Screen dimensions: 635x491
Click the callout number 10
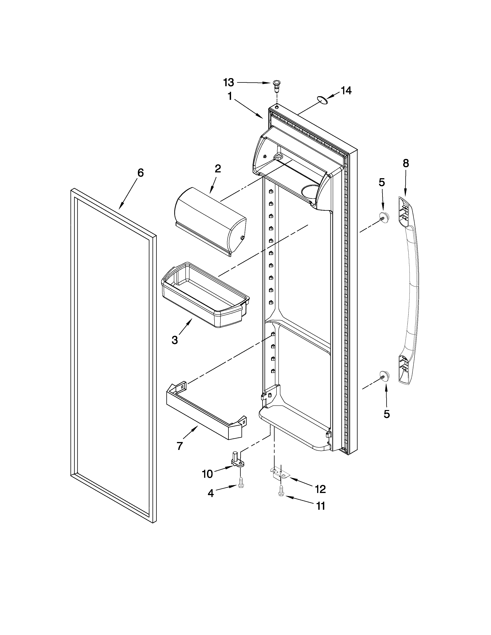click(207, 474)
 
